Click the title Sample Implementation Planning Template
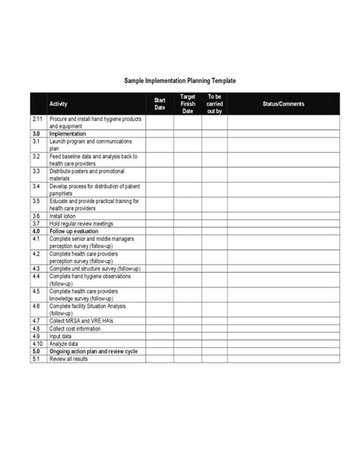click(x=180, y=80)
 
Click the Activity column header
click(x=58, y=103)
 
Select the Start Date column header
click(x=159, y=103)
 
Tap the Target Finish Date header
click(x=187, y=103)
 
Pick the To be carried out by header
click(x=213, y=103)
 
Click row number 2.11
click(x=38, y=120)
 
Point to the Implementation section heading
click(x=70, y=134)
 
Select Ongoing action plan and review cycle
click(x=92, y=352)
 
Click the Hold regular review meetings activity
click(x=82, y=223)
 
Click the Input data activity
click(x=61, y=336)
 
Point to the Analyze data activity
click(x=64, y=344)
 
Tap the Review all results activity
click(x=68, y=359)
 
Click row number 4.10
click(x=37, y=344)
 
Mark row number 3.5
click(x=36, y=201)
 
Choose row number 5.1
click(x=36, y=359)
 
